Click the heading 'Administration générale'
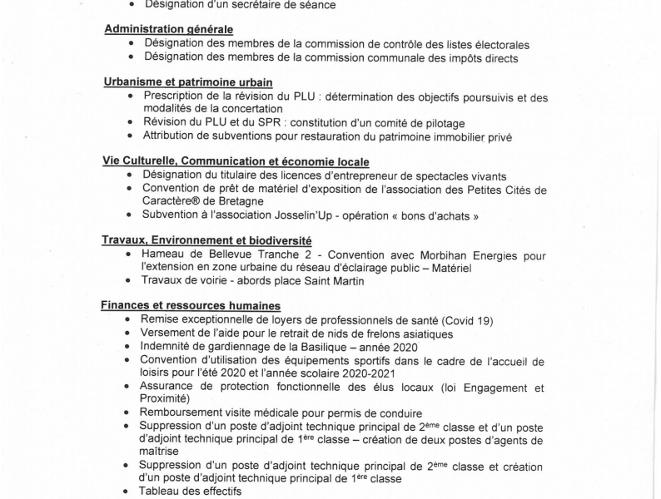[168, 30]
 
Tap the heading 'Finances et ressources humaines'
[191, 305]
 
